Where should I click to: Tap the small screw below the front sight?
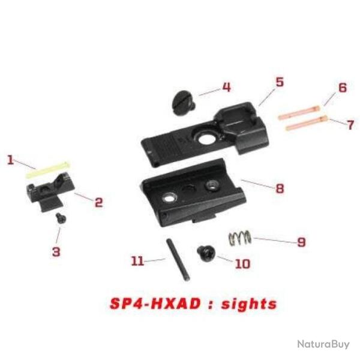click(x=60, y=218)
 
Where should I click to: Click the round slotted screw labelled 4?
click(x=182, y=101)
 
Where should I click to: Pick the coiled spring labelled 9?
click(x=241, y=238)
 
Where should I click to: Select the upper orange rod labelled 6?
click(x=301, y=112)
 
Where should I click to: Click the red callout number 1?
click(x=10, y=160)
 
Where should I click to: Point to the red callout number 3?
click(x=56, y=251)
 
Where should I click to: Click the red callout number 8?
click(x=279, y=188)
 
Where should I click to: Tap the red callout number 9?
click(x=301, y=242)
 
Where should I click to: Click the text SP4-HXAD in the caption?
click(x=152, y=303)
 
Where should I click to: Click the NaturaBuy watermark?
click(x=322, y=344)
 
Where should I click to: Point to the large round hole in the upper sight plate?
click(x=206, y=142)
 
